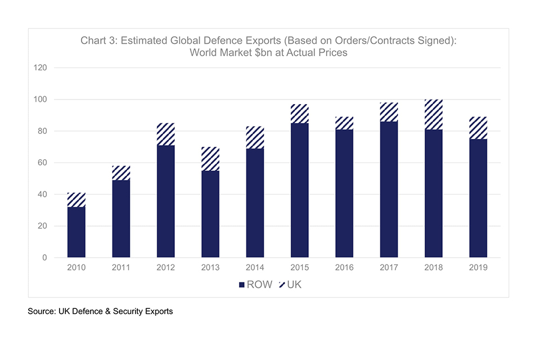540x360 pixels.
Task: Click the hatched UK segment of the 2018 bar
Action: (x=434, y=115)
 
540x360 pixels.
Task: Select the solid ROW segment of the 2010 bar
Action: (x=76, y=232)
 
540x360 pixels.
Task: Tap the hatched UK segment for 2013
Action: (x=210, y=159)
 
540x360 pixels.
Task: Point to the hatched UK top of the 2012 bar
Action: (x=166, y=134)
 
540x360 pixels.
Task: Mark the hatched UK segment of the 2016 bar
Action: (x=344, y=123)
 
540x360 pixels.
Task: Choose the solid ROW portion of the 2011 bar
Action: (x=121, y=219)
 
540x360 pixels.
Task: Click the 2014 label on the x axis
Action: (x=255, y=268)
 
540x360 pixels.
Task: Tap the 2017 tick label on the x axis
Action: (x=389, y=268)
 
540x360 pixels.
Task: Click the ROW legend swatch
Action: (x=242, y=285)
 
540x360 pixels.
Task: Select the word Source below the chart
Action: (x=42, y=311)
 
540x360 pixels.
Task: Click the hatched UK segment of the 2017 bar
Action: (x=389, y=112)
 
